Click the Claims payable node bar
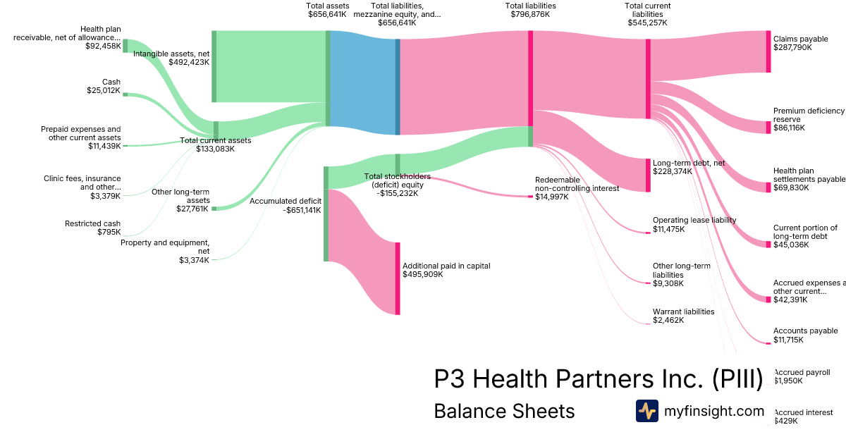768,51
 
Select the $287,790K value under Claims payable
792,48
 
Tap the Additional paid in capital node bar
398,278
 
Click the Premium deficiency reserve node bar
768,128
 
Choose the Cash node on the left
125,94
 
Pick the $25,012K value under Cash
104,90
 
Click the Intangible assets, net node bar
214,66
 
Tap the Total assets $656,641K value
327,14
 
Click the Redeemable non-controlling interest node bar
531,196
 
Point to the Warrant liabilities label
683,312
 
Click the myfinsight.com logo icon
646,411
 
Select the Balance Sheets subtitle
504,412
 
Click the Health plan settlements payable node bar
768,187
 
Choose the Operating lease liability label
694,220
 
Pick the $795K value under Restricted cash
109,232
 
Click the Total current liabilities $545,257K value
647,23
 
